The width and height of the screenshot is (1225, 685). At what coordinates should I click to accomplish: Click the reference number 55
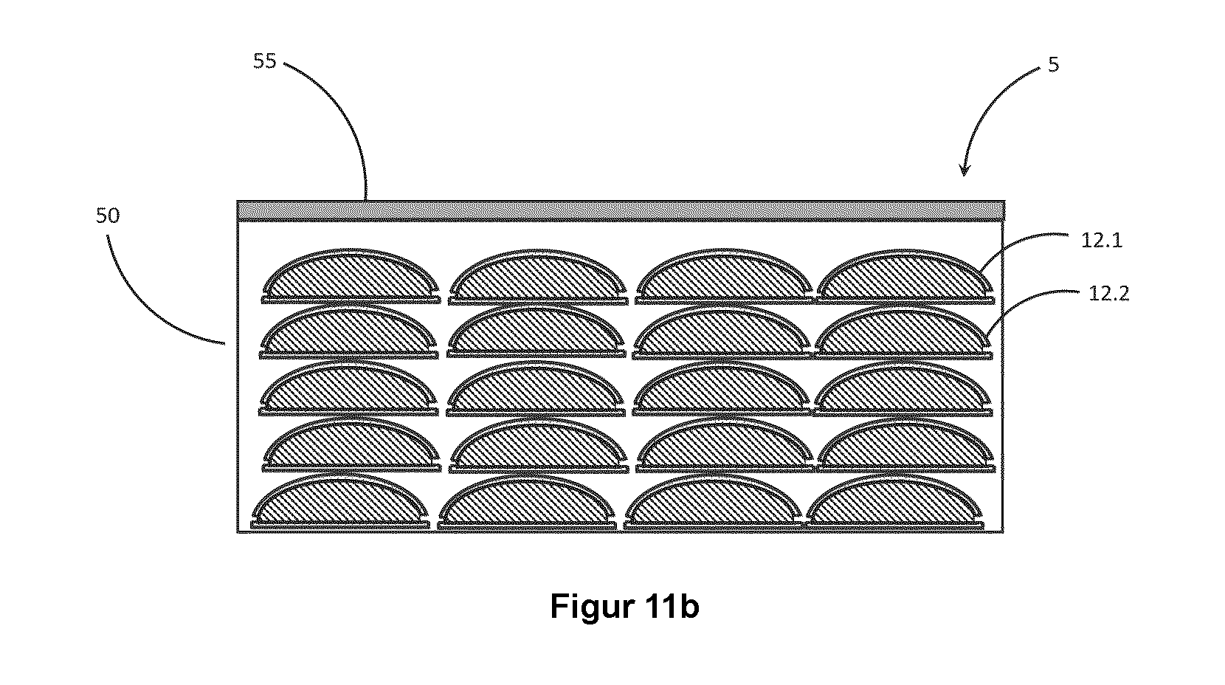pos(265,61)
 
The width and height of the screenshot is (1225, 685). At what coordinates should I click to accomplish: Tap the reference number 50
pos(108,216)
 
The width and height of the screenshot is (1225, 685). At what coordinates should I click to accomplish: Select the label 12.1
pos(1102,240)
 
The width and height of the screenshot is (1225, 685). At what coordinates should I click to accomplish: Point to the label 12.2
pos(1108,294)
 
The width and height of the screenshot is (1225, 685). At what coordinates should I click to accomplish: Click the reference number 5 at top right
pos(1053,64)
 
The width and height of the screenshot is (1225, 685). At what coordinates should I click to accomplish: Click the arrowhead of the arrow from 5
pos(965,171)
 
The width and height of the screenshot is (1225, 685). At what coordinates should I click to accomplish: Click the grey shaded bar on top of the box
pos(621,211)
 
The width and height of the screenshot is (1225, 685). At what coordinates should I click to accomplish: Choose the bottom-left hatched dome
pos(340,502)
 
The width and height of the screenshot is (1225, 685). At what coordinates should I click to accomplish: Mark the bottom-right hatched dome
pos(894,502)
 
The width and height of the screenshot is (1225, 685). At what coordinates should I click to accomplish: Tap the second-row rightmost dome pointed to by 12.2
pos(903,333)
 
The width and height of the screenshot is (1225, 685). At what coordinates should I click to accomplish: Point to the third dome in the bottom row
pos(713,502)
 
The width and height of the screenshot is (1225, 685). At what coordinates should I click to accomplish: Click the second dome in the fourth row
pos(539,446)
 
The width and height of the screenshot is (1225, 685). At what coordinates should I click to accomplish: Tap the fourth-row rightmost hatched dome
pos(906,446)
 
